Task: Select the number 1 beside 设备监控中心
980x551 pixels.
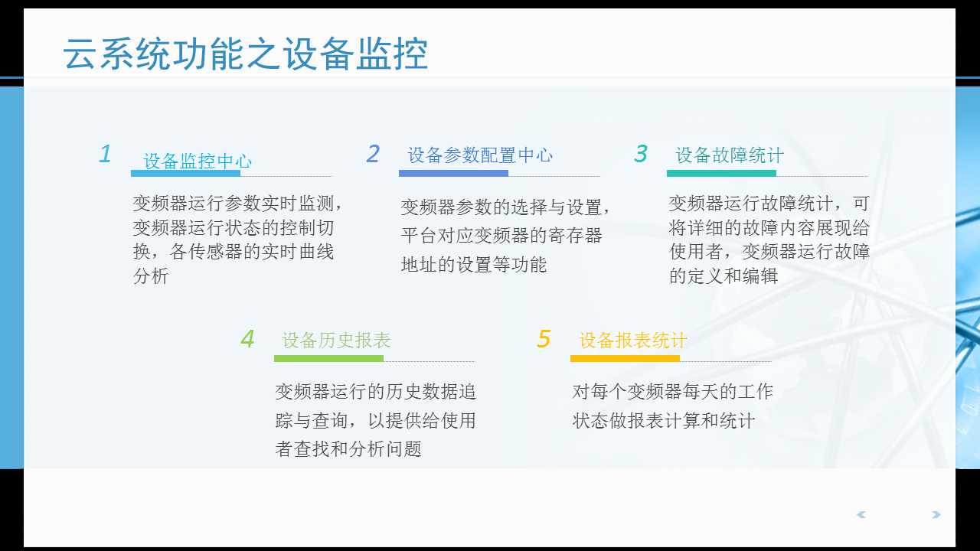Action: coord(106,155)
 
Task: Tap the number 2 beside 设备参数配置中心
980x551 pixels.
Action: coord(373,155)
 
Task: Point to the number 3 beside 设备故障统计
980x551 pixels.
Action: coord(641,155)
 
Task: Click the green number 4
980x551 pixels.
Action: coord(247,339)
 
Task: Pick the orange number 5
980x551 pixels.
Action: coord(544,339)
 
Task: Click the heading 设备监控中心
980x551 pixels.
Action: coord(198,161)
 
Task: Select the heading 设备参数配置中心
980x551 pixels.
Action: coord(480,155)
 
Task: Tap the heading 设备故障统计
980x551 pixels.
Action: coord(730,155)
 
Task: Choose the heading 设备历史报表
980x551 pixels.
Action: coord(336,341)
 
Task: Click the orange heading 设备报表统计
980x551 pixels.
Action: coord(633,341)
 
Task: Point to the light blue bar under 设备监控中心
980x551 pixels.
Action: coord(185,174)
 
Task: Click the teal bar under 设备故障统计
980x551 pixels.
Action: coord(721,174)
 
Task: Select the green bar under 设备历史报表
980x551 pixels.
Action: coord(328,358)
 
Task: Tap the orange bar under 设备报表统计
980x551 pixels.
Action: coord(625,358)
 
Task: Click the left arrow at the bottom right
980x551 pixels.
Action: coord(861,515)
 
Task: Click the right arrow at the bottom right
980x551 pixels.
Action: coord(936,515)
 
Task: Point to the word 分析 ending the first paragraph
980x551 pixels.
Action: coord(151,275)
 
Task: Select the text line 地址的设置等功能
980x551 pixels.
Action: coord(474,265)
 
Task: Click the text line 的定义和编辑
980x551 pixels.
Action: coord(724,275)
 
